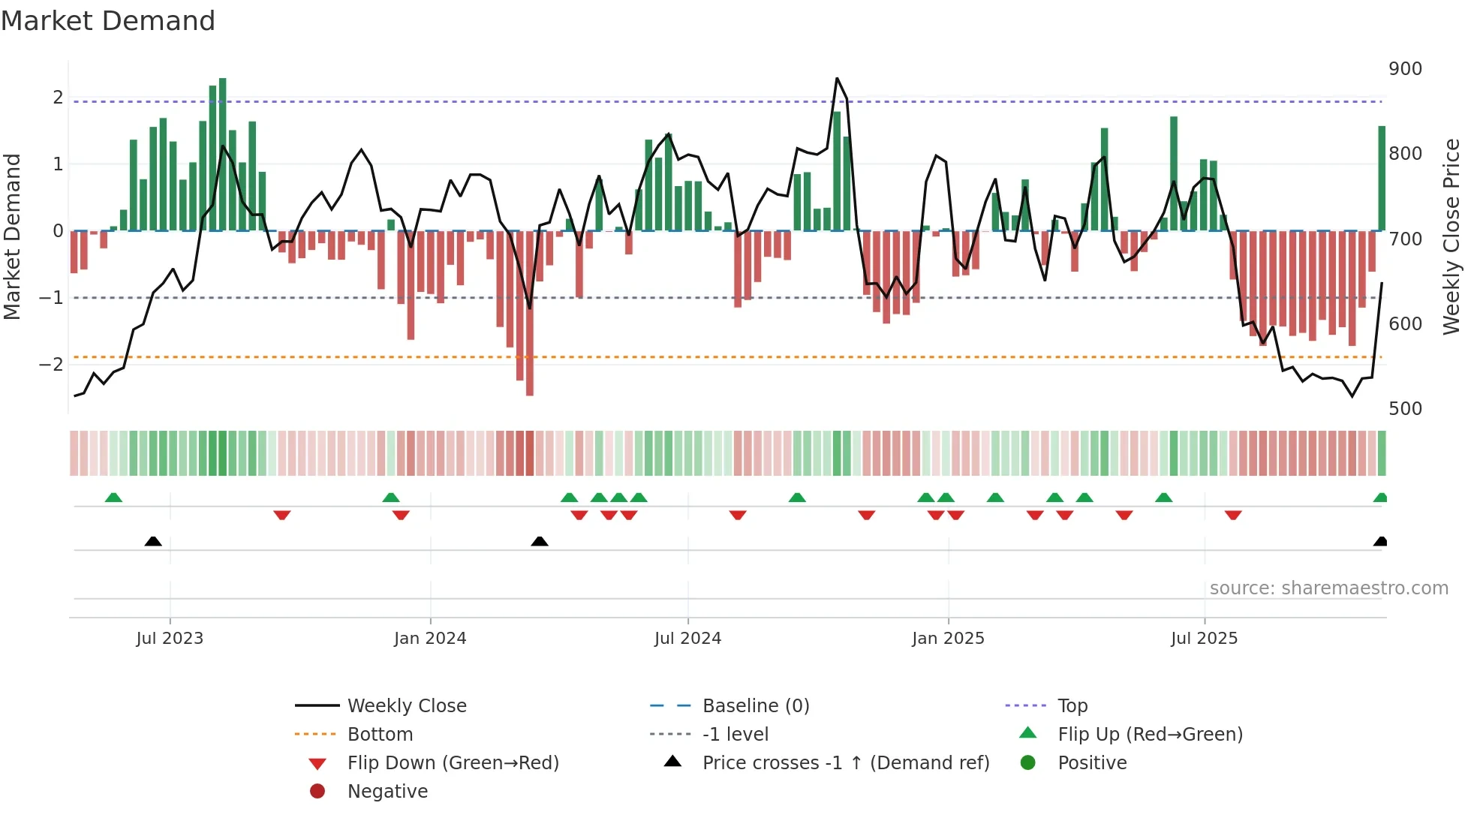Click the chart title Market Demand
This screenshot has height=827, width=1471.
108,21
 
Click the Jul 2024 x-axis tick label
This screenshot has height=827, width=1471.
687,639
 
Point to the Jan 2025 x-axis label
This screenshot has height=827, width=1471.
948,639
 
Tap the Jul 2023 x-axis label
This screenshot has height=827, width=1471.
170,639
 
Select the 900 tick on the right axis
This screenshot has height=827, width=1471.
1405,69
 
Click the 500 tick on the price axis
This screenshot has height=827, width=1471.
1405,409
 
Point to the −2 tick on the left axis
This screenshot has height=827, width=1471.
52,365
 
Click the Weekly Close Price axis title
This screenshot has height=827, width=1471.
1451,236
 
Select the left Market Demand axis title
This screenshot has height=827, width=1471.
13,236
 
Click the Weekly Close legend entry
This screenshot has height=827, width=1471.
406,706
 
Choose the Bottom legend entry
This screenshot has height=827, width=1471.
380,735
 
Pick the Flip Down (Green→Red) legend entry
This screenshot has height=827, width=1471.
453,763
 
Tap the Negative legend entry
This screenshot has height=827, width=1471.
387,792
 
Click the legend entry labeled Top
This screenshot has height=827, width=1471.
1072,706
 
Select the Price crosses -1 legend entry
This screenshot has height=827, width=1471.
845,763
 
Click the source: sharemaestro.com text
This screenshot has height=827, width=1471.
1328,588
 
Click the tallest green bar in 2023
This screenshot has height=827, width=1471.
222,154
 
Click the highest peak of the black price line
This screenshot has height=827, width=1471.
837,79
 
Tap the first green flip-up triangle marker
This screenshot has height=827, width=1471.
113,498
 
